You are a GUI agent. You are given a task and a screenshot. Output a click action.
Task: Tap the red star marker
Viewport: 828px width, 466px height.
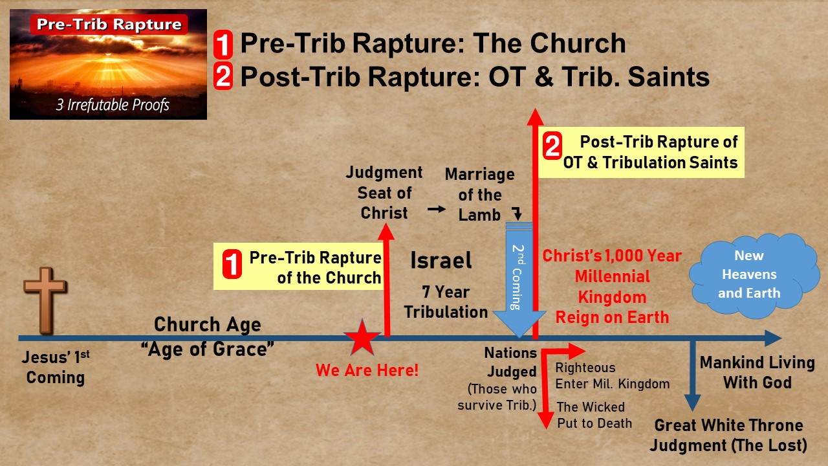(362, 338)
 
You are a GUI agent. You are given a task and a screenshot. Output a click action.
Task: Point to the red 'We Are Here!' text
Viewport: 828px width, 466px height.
(367, 371)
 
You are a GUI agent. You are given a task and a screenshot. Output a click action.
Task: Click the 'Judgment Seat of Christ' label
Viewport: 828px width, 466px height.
(384, 193)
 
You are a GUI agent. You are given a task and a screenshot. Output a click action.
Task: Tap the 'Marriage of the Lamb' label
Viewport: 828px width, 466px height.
(479, 195)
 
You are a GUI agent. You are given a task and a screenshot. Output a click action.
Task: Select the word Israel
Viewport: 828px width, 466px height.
(441, 261)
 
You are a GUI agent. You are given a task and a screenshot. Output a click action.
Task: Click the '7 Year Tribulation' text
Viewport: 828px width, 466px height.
(446, 302)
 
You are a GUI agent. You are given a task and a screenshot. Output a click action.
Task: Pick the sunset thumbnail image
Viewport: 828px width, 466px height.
(108, 64)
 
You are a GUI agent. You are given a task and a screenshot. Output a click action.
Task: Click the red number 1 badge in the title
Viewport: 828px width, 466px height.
(223, 45)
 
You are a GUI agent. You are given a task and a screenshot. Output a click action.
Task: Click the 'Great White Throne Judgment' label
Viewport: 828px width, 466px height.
(728, 436)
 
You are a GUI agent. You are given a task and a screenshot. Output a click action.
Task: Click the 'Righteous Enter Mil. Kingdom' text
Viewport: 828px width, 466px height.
(612, 376)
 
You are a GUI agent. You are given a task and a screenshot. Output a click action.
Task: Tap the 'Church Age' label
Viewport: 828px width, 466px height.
(208, 324)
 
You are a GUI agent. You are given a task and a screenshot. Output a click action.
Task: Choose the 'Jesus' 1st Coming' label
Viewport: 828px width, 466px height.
(55, 367)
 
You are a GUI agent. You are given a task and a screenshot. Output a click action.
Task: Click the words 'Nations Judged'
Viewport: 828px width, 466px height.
(511, 362)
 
